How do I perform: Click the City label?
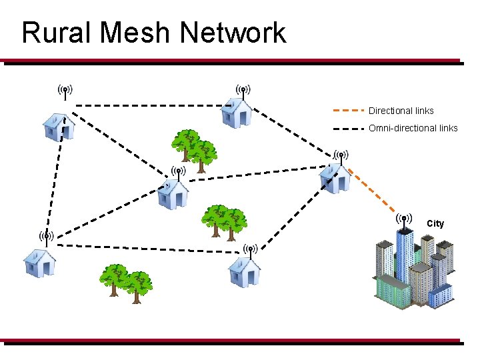click(x=435, y=223)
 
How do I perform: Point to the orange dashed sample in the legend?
click(x=348, y=110)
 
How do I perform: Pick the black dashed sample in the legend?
click(x=348, y=127)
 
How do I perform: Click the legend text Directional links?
click(x=401, y=111)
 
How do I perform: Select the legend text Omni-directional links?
click(x=413, y=128)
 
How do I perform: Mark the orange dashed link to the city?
click(x=376, y=194)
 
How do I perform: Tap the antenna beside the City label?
click(x=403, y=220)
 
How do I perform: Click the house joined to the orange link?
click(x=334, y=177)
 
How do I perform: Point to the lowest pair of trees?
click(x=126, y=283)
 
